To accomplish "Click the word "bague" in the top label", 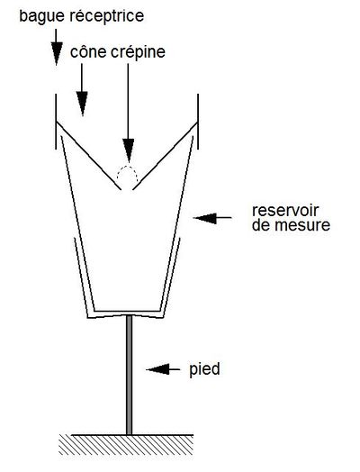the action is click(x=41, y=16).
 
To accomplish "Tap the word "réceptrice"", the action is click(x=107, y=16).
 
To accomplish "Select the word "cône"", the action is click(x=88, y=52).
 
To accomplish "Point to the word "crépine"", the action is click(x=138, y=52).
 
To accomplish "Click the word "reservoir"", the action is click(x=285, y=211).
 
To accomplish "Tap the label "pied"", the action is click(x=204, y=368).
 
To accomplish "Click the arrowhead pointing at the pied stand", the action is click(x=157, y=369).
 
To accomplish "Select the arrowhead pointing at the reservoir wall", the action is click(x=205, y=218).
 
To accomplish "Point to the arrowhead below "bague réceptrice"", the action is click(x=56, y=53).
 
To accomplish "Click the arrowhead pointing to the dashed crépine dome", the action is click(x=129, y=150).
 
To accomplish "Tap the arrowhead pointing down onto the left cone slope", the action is click(x=82, y=104).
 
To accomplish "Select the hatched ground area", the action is click(x=126, y=445).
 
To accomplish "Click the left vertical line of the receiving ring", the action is click(x=56, y=122).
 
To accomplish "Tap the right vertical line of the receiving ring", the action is click(x=198, y=122).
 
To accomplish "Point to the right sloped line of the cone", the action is click(x=165, y=156).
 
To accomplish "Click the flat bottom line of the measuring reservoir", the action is click(x=127, y=311).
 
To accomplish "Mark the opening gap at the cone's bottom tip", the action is click(x=127, y=190).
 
